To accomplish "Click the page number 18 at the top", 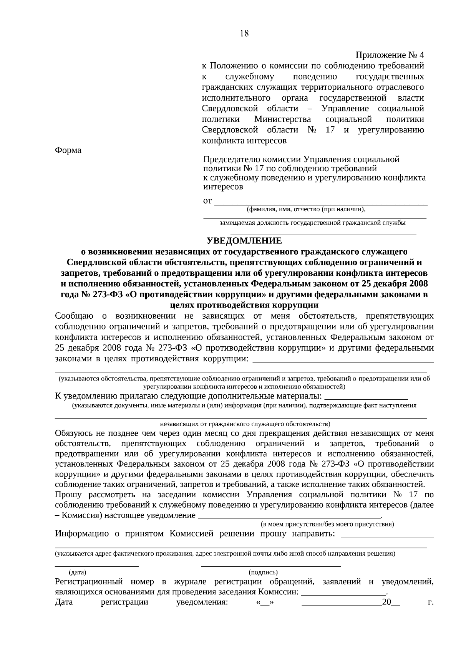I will click(244, 33).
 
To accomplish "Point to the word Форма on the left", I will click(68, 150).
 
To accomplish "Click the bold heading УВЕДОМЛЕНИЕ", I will click(244, 241).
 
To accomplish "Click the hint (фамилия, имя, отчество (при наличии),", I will click(306, 210).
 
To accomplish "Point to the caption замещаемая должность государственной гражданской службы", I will click(312, 223).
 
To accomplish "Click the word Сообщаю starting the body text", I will click(74, 316).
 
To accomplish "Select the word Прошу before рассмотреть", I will click(66, 495).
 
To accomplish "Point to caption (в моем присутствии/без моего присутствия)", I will click(327, 524).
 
